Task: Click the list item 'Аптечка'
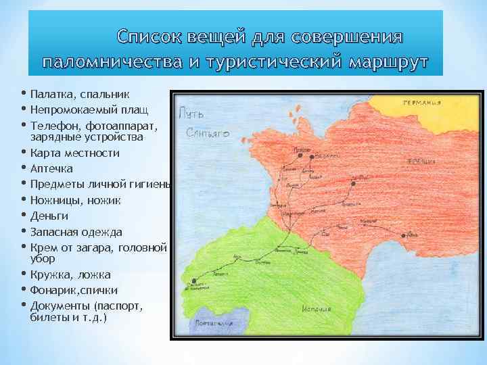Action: [51, 168]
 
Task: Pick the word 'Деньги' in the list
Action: [49, 216]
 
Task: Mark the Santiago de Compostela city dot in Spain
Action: [194, 281]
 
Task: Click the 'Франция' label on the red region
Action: [420, 161]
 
